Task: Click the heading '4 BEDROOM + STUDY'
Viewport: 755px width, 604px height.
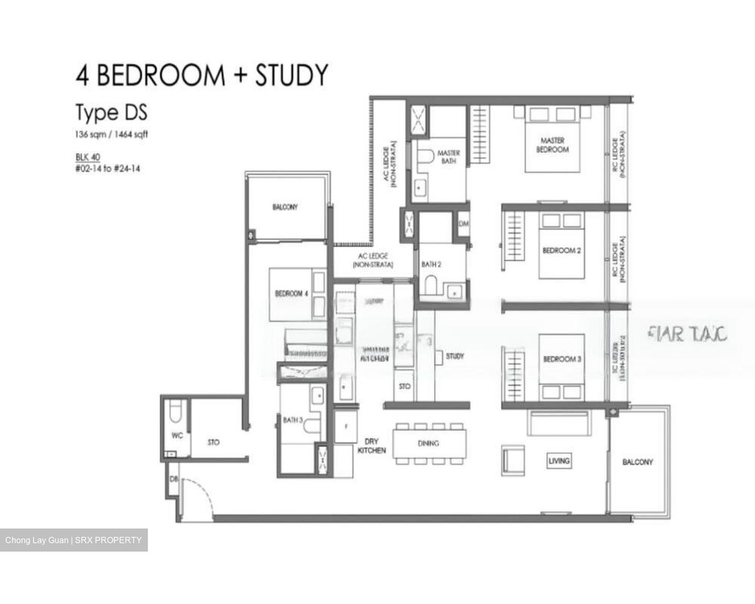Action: click(x=202, y=74)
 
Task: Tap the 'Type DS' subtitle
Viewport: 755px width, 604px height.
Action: click(x=111, y=113)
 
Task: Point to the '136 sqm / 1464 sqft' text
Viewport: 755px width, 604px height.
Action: click(x=111, y=134)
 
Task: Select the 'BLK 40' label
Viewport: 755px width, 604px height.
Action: click(x=88, y=157)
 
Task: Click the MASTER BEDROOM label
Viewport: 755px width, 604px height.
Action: click(x=552, y=145)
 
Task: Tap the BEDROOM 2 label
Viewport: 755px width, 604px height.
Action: click(x=561, y=251)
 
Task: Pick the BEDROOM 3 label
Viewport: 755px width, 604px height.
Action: click(x=562, y=359)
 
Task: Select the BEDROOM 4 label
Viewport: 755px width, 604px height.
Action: click(x=292, y=294)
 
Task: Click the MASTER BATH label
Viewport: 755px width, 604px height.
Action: click(x=448, y=157)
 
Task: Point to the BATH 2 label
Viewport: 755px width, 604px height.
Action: click(x=431, y=265)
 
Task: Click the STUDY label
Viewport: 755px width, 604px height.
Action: click(x=455, y=356)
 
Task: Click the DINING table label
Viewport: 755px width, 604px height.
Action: click(x=428, y=444)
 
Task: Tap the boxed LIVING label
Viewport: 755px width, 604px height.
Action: click(x=559, y=461)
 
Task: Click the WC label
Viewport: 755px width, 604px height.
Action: click(x=177, y=436)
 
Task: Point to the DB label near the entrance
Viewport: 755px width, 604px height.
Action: click(x=173, y=479)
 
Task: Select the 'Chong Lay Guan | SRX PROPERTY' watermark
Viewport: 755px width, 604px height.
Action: click(x=73, y=540)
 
